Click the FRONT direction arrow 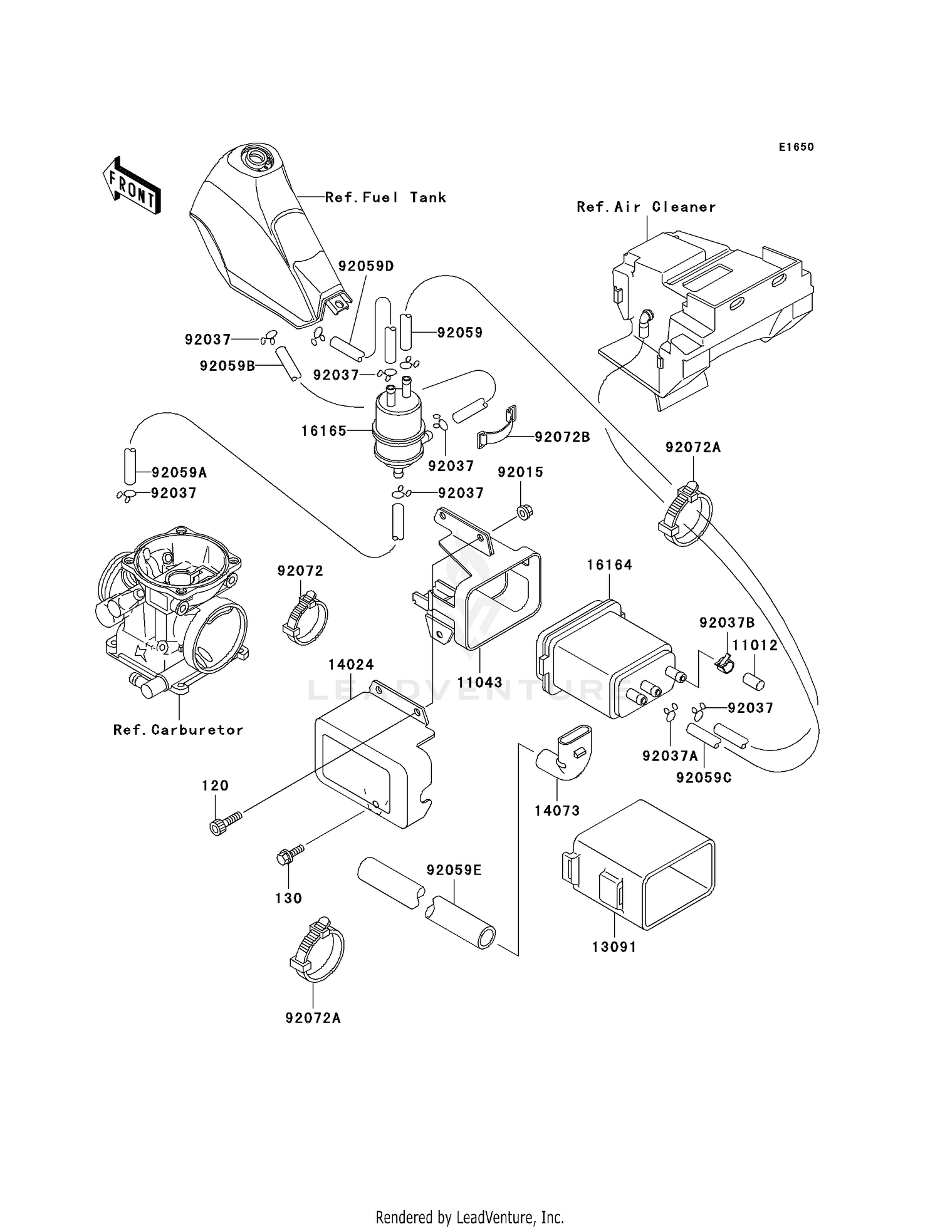(x=132, y=187)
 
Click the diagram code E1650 (x=796, y=147)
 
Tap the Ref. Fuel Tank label (x=385, y=198)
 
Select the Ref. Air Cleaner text (x=646, y=207)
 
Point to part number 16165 (x=323, y=431)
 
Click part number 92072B (x=562, y=437)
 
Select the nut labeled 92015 (x=525, y=512)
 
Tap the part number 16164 (x=609, y=565)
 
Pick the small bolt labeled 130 (x=289, y=854)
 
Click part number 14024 (x=351, y=665)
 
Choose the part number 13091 (x=614, y=948)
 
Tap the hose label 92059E (x=454, y=870)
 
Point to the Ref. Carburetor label (x=178, y=730)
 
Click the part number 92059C (x=704, y=778)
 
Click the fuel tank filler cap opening (x=258, y=155)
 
